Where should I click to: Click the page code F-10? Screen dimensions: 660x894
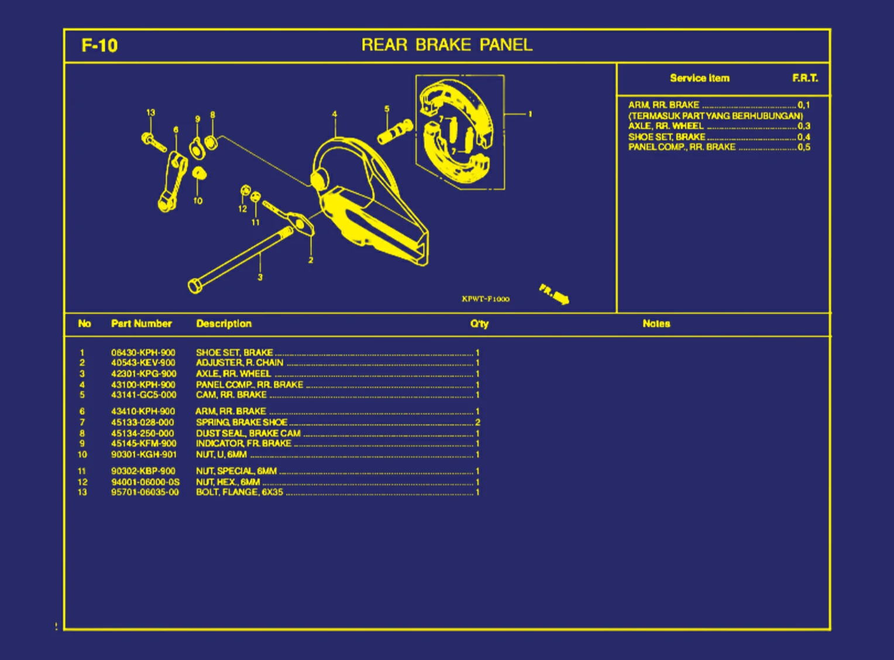click(99, 46)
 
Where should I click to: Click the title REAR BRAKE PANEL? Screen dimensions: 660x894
click(446, 45)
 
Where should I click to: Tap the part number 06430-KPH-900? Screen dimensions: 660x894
click(143, 353)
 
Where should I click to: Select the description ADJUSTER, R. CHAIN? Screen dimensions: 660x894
click(239, 363)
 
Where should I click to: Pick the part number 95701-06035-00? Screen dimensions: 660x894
click(145, 493)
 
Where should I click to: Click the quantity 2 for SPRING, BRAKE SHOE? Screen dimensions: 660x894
click(477, 422)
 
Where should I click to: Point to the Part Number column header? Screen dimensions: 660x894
click(141, 324)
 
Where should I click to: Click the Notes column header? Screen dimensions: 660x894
click(656, 324)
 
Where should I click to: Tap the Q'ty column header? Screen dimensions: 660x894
click(479, 324)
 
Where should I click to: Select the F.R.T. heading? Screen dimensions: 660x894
click(805, 78)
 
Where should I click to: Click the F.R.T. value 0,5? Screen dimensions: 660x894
click(804, 147)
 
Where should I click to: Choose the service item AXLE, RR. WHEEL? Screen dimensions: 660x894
click(666, 126)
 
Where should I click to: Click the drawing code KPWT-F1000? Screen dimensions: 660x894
click(485, 299)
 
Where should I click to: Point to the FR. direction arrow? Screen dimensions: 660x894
click(554, 294)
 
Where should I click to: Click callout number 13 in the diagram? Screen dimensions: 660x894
click(151, 112)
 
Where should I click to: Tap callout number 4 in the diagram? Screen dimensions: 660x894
click(335, 114)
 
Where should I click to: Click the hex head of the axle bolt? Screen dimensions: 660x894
click(195, 286)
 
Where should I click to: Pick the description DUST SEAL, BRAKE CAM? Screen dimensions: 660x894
click(248, 433)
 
